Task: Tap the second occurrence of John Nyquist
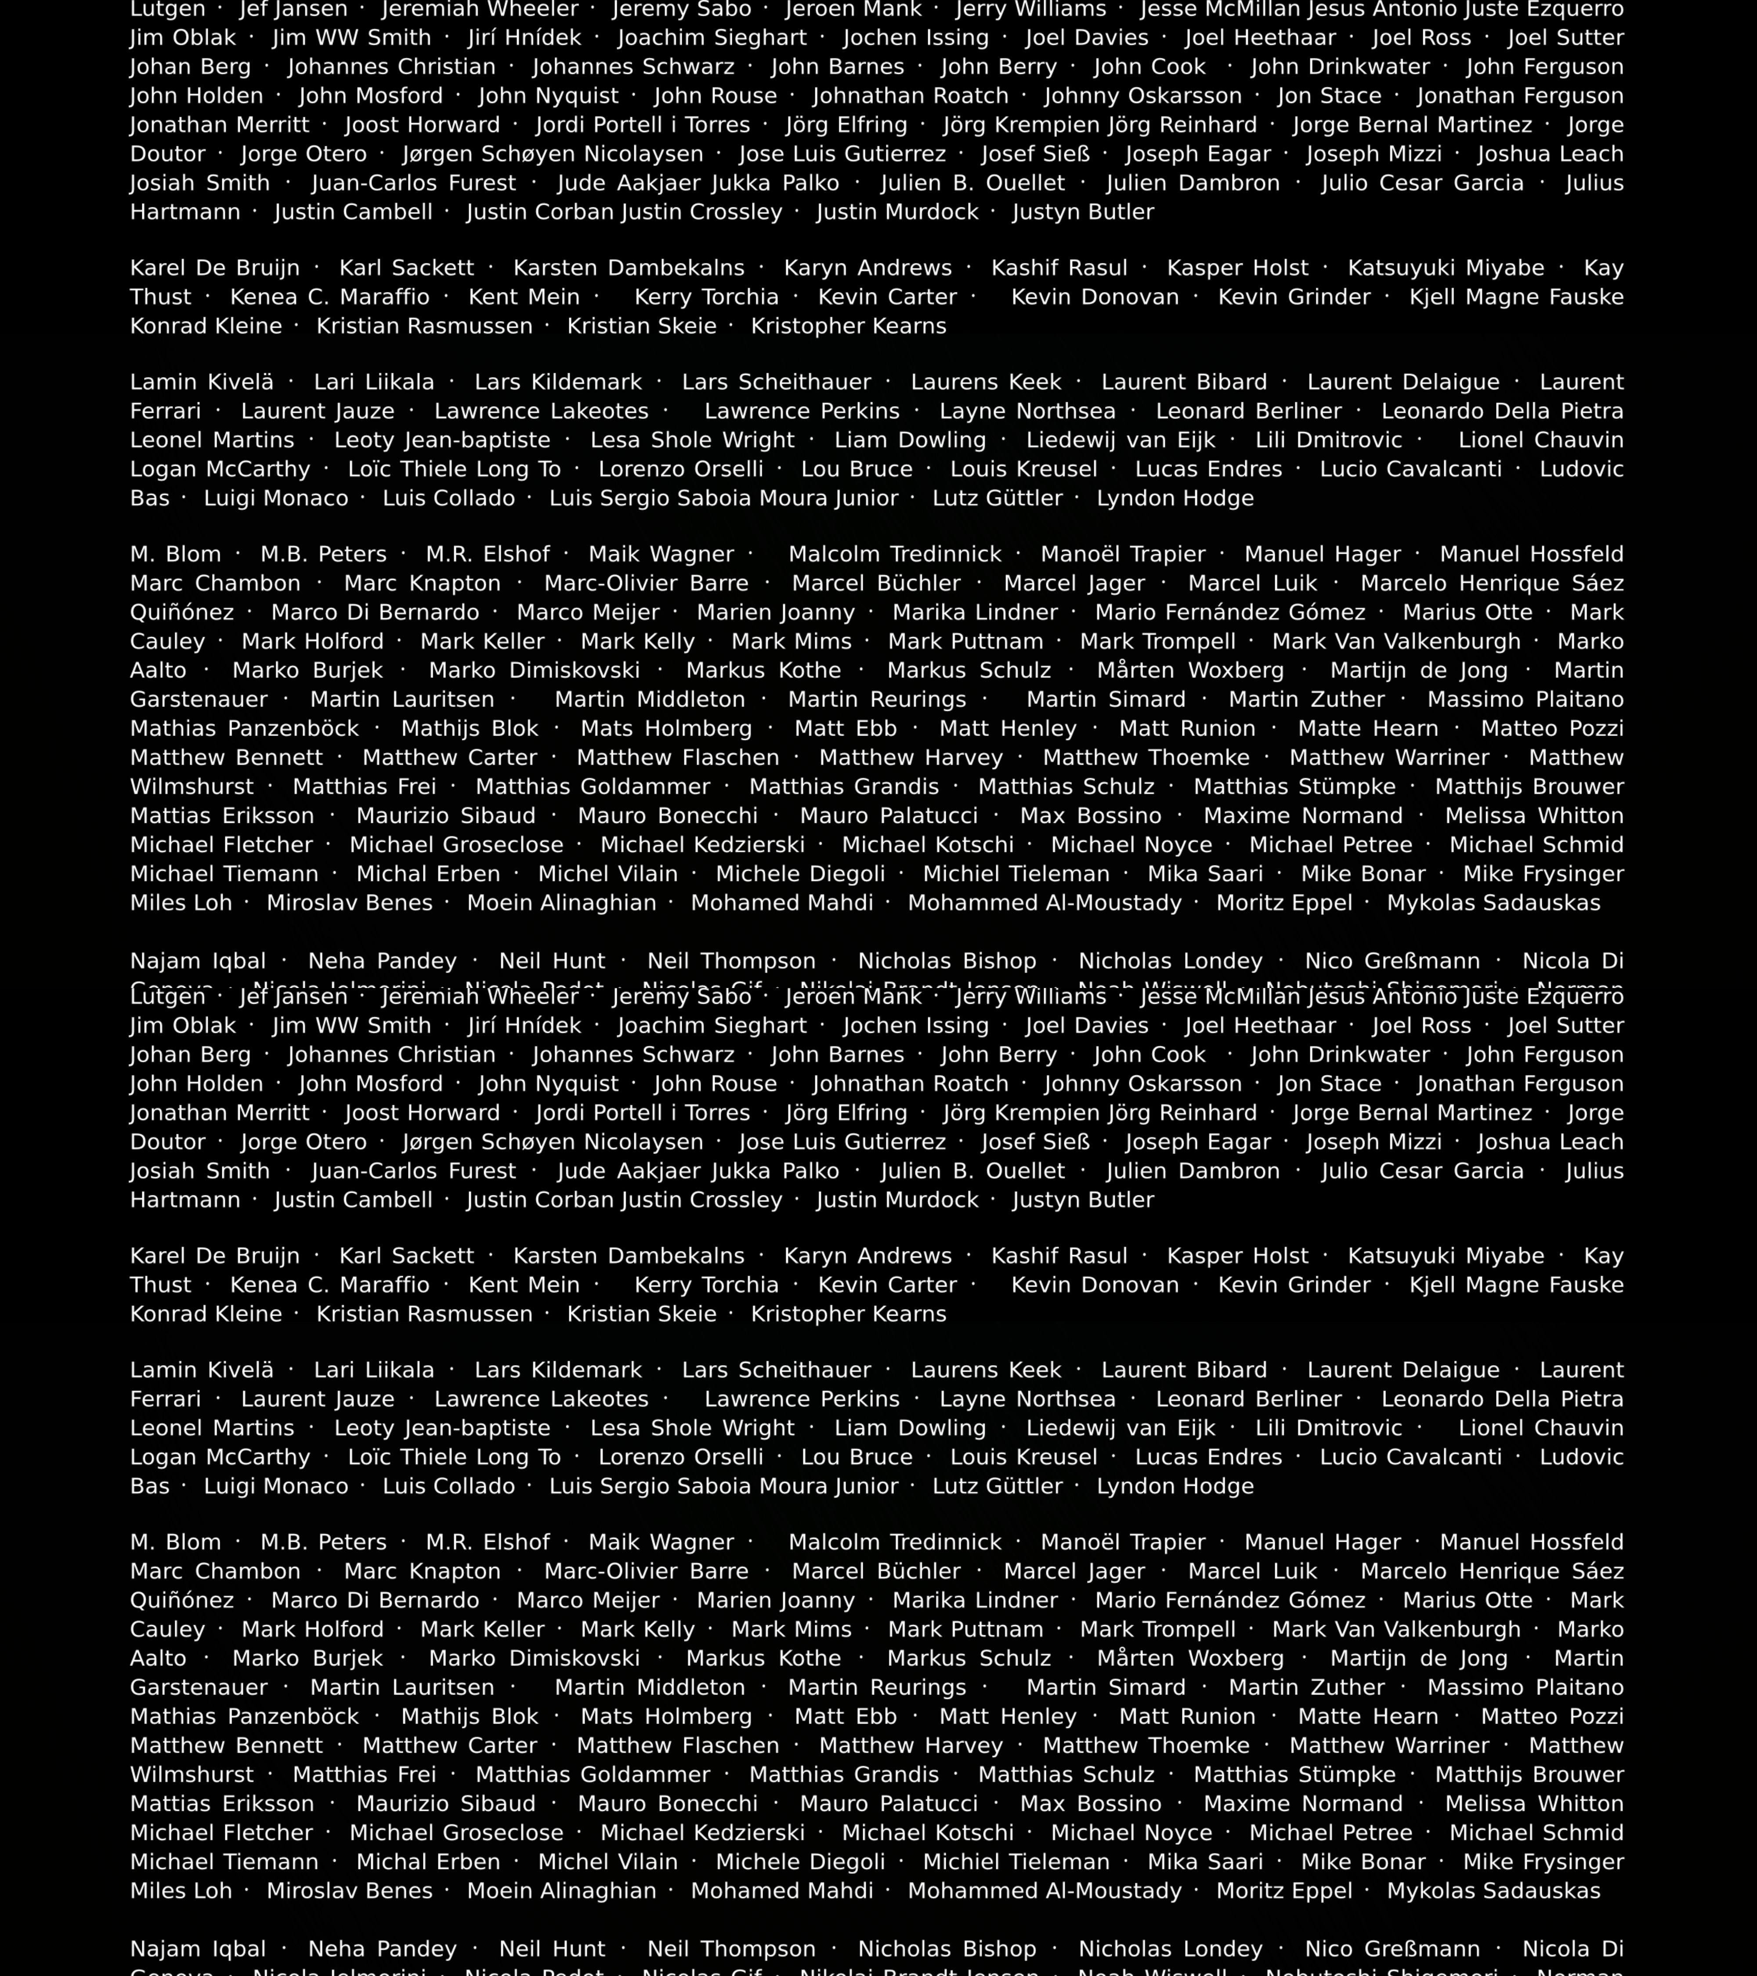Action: tap(548, 1084)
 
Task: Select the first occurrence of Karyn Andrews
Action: tap(868, 268)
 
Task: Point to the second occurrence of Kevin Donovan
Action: tap(1095, 1285)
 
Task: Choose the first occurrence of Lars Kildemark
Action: tap(558, 382)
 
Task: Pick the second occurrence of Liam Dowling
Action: tap(910, 1428)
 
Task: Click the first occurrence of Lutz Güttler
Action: tap(997, 498)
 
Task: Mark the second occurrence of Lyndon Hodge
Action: tap(1175, 1486)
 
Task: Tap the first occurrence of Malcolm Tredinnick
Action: tap(894, 554)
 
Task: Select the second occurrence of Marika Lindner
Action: tap(975, 1600)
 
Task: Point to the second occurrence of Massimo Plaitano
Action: tap(1525, 1687)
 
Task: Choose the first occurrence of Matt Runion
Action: tap(1187, 728)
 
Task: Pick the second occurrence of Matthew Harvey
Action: tap(911, 1745)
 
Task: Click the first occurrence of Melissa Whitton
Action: tap(1533, 815)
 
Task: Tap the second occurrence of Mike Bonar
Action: tap(1363, 1861)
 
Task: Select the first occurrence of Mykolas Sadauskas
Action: tap(1493, 902)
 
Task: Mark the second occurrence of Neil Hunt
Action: tap(552, 1948)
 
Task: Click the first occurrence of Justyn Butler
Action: tap(1083, 212)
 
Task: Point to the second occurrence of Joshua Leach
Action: tap(1550, 1142)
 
